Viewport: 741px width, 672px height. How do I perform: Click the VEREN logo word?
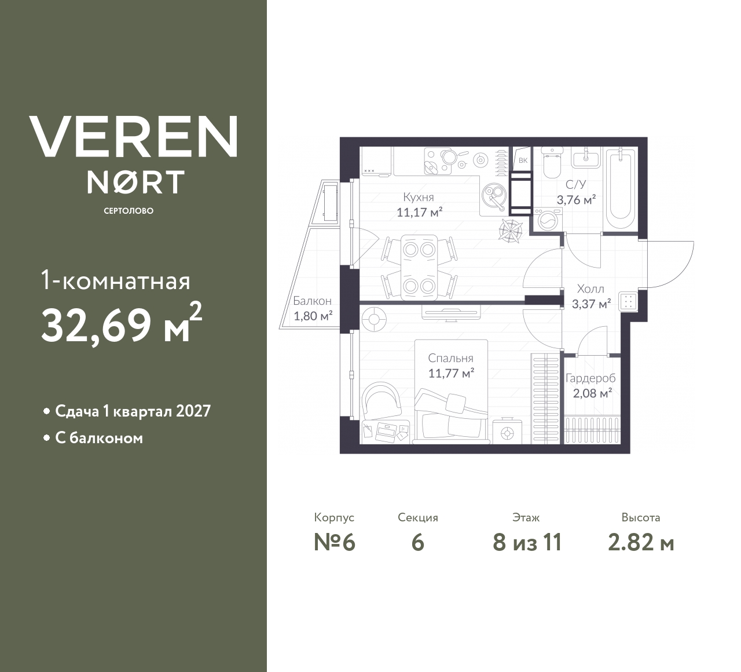pos(133,136)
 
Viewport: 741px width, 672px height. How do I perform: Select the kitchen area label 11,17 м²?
pos(420,213)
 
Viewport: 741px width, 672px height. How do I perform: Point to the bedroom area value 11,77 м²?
pos(451,373)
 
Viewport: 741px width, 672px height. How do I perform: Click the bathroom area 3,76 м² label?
pos(576,200)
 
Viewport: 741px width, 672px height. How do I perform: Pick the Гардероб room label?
pos(590,378)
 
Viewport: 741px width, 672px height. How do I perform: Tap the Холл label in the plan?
pos(590,288)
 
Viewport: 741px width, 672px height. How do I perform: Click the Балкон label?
pos(313,301)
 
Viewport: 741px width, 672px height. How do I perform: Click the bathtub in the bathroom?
pos(621,189)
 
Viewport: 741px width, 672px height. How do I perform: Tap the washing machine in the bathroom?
pos(548,219)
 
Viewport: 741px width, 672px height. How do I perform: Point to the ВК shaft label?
pos(523,160)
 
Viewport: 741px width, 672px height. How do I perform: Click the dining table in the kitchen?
pos(419,267)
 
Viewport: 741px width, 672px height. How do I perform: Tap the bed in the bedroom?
pos(452,392)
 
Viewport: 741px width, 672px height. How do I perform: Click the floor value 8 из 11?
pos(527,543)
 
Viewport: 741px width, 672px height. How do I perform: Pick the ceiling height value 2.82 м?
pos(641,543)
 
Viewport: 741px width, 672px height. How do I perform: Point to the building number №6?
pos(335,543)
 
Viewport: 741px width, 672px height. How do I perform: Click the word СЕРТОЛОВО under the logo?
pos(129,211)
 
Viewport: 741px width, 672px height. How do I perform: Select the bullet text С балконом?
pos(99,439)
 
